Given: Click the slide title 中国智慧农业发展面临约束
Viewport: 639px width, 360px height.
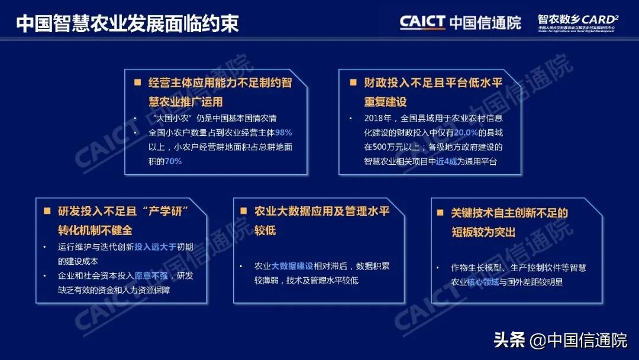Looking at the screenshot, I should pos(127,24).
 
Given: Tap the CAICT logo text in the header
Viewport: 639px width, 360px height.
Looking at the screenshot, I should pos(422,22).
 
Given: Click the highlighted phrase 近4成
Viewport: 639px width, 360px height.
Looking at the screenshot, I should pos(447,161).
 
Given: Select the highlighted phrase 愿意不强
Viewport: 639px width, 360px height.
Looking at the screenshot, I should pos(151,276).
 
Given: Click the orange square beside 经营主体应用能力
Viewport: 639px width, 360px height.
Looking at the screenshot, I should pos(138,83).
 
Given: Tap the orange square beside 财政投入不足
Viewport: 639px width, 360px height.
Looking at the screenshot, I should pos(353,83).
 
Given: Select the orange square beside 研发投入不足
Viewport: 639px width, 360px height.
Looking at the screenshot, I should pos(47,211).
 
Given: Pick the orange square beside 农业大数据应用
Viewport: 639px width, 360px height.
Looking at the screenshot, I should pos(243,211).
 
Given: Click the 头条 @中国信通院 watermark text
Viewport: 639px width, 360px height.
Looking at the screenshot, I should pos(560,340).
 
